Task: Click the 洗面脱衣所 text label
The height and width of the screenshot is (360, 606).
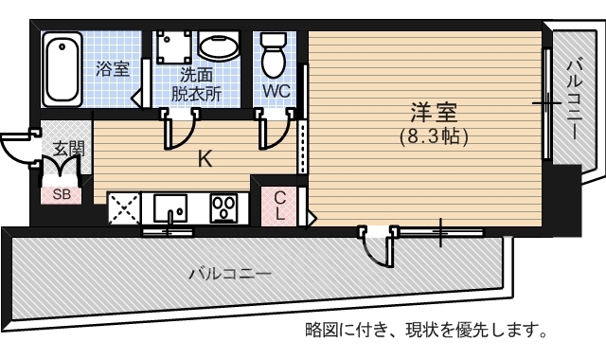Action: (197, 83)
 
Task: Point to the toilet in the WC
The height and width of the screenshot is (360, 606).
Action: (275, 54)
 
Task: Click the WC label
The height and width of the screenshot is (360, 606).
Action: (276, 92)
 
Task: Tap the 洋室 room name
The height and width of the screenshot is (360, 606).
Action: (429, 112)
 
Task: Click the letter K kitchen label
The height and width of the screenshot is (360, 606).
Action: (204, 158)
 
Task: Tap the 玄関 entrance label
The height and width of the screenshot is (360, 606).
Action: (68, 148)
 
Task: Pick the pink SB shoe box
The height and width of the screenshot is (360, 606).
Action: (61, 194)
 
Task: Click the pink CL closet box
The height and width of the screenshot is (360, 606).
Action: (280, 205)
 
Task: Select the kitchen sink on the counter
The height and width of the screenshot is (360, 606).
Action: (171, 207)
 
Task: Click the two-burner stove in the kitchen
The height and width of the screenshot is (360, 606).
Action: (224, 207)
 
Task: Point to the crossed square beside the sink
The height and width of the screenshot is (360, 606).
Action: (124, 207)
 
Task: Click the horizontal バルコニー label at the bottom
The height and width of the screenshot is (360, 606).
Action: (229, 274)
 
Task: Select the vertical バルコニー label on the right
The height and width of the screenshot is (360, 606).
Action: (574, 99)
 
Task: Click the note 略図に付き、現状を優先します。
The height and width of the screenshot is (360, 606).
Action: (426, 331)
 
